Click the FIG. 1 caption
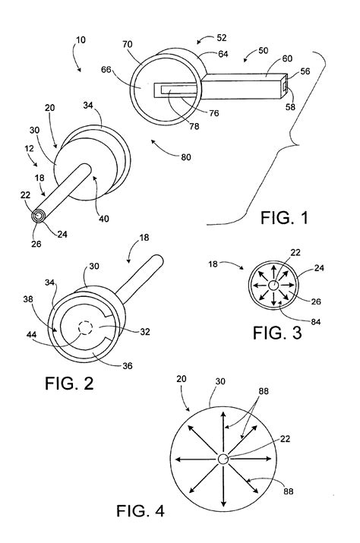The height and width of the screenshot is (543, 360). [x=284, y=218]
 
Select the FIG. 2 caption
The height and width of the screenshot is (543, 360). [x=69, y=384]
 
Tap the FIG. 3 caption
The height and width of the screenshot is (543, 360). [x=277, y=333]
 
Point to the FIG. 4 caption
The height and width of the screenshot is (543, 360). [x=140, y=511]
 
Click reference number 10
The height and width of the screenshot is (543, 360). [x=81, y=39]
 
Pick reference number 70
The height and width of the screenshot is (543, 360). [x=127, y=44]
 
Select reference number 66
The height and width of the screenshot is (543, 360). [x=106, y=70]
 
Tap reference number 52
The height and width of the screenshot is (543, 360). [x=222, y=37]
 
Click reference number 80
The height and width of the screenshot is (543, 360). [x=186, y=157]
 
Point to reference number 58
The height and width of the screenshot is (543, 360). [x=290, y=106]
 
